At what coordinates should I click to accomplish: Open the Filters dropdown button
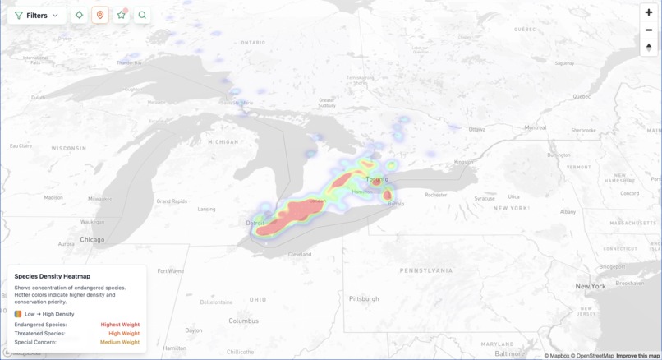37,15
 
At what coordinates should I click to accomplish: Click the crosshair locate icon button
79,15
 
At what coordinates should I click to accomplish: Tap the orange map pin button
100,15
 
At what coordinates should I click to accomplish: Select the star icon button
122,15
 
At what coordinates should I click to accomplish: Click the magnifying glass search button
142,15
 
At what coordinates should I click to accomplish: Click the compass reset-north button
649,47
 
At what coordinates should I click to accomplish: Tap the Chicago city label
92,240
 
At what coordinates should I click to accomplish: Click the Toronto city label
377,178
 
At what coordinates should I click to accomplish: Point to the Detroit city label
255,223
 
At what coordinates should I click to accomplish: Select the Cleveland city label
300,254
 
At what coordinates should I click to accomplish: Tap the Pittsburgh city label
364,298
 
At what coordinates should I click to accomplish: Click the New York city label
591,286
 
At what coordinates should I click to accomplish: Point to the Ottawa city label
476,129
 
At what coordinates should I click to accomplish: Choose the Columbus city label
243,321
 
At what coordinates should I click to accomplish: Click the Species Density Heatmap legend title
53,276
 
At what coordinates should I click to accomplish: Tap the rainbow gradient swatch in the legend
18,314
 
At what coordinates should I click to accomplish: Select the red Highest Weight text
120,325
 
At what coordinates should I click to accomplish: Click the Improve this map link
637,356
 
